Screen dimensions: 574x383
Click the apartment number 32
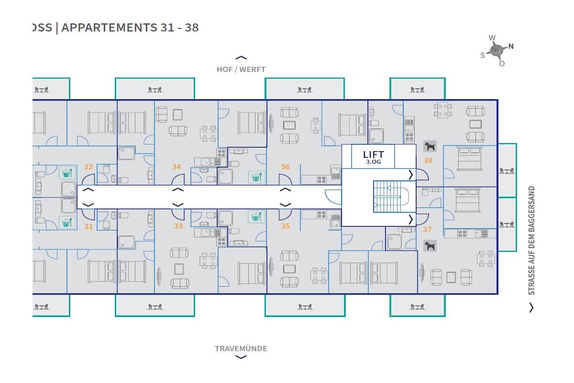(88, 167)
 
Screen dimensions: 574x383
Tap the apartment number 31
(88, 227)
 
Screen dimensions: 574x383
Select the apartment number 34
(177, 167)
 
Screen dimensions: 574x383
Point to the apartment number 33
(178, 227)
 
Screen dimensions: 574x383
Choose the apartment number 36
(285, 167)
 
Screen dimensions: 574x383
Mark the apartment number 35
(285, 227)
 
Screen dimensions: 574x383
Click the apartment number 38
(428, 160)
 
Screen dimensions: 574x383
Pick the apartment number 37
(427, 229)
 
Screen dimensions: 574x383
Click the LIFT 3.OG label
(373, 157)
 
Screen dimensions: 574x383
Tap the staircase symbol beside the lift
(392, 197)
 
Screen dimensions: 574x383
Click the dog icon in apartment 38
(430, 146)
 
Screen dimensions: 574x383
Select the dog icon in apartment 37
(430, 246)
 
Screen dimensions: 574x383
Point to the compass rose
(497, 50)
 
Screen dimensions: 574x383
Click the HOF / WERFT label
(241, 69)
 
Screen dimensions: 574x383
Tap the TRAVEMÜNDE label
(241, 349)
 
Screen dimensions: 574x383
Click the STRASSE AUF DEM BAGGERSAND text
(531, 241)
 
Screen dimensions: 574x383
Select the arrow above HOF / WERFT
(241, 58)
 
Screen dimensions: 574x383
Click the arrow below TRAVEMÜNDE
(241, 357)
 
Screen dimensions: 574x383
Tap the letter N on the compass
(511, 47)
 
